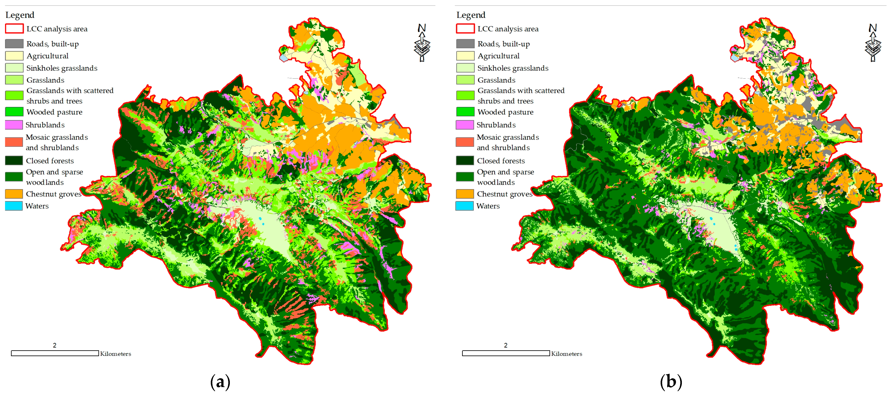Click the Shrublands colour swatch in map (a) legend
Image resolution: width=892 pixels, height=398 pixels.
click(14, 125)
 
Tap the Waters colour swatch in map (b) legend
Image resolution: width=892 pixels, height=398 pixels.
click(464, 206)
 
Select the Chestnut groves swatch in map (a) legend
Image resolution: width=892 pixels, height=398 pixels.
click(14, 194)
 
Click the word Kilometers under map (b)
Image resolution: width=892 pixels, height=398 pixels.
click(567, 354)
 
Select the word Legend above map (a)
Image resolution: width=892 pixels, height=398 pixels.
click(20, 15)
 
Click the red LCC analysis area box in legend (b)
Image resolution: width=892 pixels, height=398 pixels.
click(465, 28)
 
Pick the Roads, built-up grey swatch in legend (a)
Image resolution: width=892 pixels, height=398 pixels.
click(14, 44)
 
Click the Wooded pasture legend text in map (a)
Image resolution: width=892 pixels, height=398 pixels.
click(54, 112)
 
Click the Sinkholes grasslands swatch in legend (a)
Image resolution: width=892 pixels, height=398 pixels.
click(14, 67)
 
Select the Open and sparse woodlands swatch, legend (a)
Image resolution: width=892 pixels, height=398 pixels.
click(14, 177)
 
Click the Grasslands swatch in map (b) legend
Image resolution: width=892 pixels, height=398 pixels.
click(465, 80)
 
